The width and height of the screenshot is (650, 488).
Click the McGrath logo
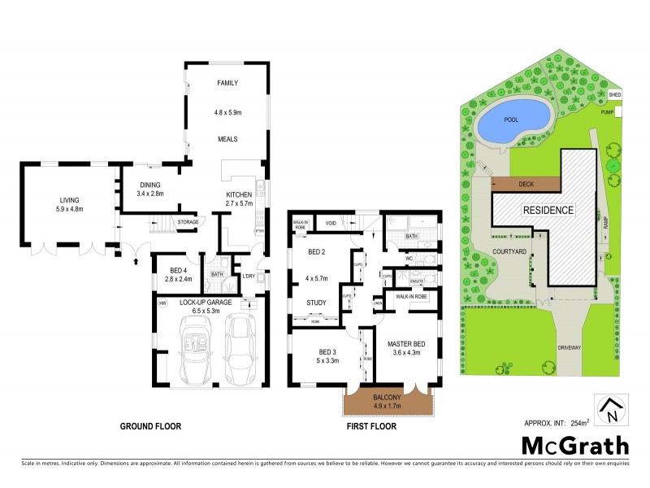click(x=574, y=445)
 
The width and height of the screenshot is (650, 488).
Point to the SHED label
click(x=614, y=95)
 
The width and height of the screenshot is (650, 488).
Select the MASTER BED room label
click(x=407, y=344)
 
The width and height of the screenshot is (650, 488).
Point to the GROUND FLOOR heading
click(x=150, y=425)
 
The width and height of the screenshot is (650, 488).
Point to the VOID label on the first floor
click(x=331, y=223)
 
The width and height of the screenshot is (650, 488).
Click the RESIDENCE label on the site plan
click(x=548, y=210)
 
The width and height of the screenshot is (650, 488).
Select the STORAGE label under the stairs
click(x=188, y=221)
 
